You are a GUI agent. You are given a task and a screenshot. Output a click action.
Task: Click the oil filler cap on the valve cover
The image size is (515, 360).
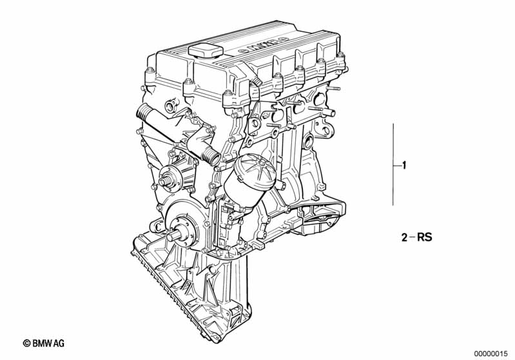[x=206, y=52]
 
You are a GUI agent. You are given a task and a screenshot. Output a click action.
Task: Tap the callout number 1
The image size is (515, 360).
[x=404, y=165]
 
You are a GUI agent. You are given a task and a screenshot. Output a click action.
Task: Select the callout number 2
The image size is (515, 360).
[x=404, y=237]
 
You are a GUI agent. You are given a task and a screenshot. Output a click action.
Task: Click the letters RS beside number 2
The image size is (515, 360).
[x=425, y=237]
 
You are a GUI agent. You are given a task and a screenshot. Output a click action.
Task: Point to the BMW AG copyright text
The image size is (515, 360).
[x=44, y=343]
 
